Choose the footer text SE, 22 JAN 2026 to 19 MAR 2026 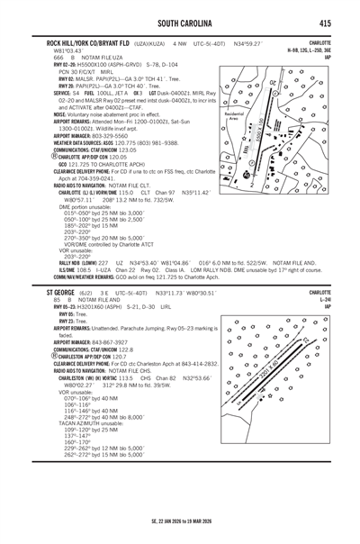coord(180,529)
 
